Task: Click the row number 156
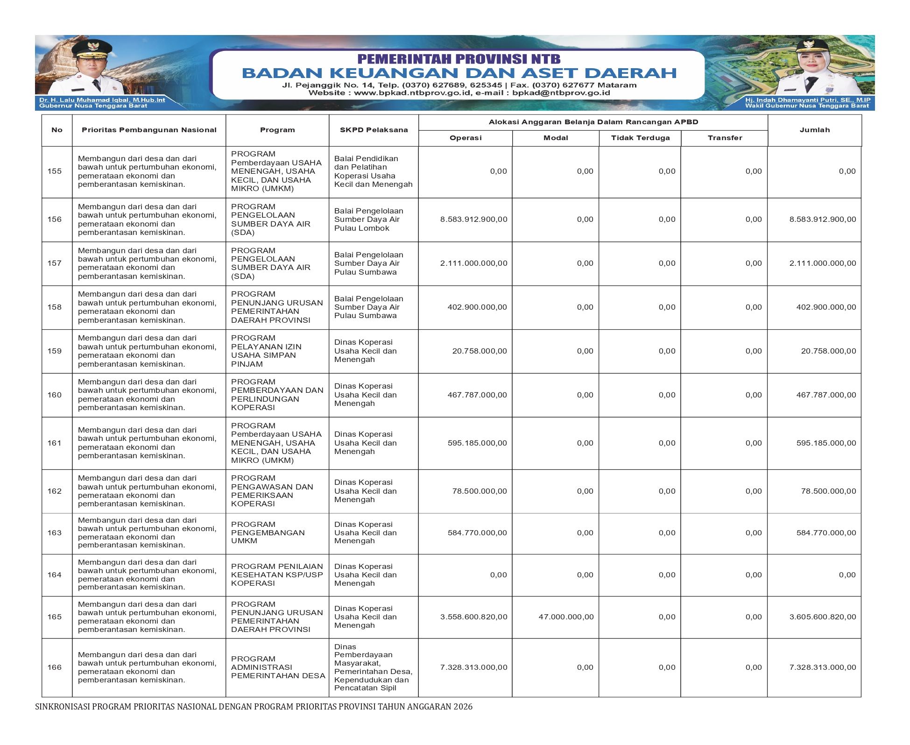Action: point(54,220)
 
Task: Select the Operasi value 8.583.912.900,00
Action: point(473,220)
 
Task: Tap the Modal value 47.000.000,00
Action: point(566,617)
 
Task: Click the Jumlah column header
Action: point(814,130)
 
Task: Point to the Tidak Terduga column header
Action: point(640,138)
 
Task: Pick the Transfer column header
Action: point(725,138)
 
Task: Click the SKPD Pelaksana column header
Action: point(374,130)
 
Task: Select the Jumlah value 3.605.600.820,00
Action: point(823,617)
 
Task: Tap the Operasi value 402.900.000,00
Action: point(477,307)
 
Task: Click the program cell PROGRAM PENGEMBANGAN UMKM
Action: point(268,532)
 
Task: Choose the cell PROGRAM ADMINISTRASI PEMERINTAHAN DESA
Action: point(278,667)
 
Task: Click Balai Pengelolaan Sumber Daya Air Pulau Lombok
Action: point(368,220)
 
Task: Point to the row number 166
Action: point(54,667)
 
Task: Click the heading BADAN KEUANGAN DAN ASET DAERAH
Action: point(459,73)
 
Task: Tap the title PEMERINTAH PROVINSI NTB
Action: point(459,59)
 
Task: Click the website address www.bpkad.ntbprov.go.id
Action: point(413,93)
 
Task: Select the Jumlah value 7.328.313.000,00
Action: point(823,667)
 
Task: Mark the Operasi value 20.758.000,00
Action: point(480,351)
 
